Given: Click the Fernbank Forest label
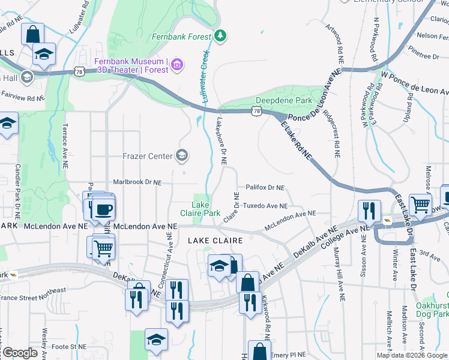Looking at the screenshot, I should (x=181, y=37).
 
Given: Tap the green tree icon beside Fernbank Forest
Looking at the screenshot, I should (x=221, y=36).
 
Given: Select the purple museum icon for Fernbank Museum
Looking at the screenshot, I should (x=176, y=64).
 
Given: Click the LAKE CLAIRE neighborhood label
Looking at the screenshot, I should (x=215, y=240).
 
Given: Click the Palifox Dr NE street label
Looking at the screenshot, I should (x=264, y=188).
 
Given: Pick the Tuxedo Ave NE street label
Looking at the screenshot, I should (x=265, y=206).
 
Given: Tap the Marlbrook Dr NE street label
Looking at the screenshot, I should (x=138, y=182).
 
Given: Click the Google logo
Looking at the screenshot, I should (x=19, y=353).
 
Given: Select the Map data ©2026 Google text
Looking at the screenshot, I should (x=412, y=355).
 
